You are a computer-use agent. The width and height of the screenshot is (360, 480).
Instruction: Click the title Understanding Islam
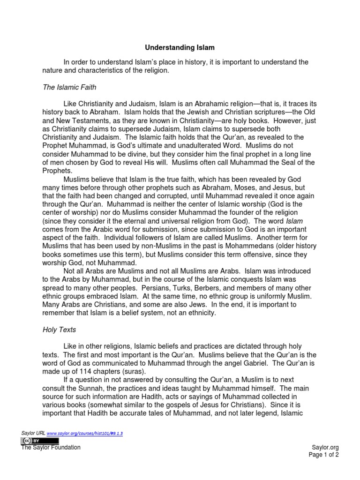point(180,47)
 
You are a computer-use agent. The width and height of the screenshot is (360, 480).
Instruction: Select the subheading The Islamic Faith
point(69,87)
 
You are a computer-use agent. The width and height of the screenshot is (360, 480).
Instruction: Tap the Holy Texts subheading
point(59,330)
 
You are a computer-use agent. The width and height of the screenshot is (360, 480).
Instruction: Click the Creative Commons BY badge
point(40,441)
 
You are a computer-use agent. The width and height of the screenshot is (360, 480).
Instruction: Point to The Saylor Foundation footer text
point(51,448)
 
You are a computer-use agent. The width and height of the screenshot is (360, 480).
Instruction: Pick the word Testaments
point(85,120)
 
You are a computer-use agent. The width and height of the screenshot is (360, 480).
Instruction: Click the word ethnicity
point(199,313)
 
